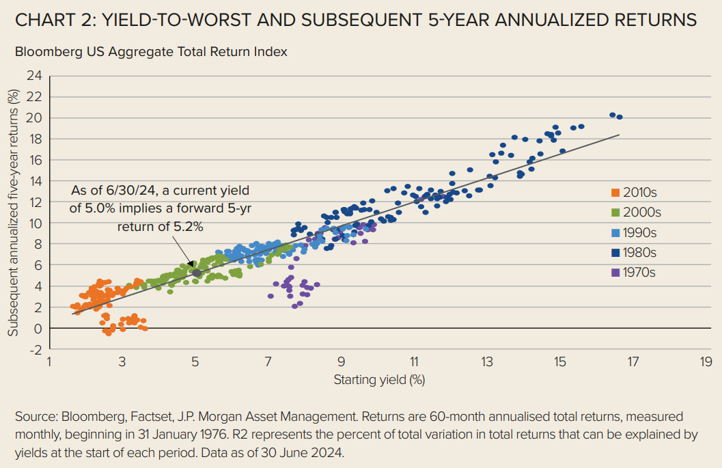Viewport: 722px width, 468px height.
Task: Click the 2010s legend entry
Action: tap(633, 192)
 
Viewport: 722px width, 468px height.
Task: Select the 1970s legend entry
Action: tap(633, 273)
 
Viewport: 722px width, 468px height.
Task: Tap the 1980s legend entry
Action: tap(633, 252)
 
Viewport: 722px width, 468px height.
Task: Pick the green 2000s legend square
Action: tap(615, 212)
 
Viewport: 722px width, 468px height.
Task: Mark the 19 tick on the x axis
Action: tap(706, 361)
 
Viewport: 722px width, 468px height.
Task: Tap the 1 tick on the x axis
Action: tap(49, 361)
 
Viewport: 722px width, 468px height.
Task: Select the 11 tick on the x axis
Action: tap(414, 361)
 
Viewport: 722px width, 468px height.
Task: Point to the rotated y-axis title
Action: tap(12, 212)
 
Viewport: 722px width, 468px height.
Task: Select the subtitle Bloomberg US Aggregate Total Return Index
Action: tap(151, 51)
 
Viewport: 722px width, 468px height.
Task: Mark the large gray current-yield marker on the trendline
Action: tap(197, 273)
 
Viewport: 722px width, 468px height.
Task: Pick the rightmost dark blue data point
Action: tap(620, 117)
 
